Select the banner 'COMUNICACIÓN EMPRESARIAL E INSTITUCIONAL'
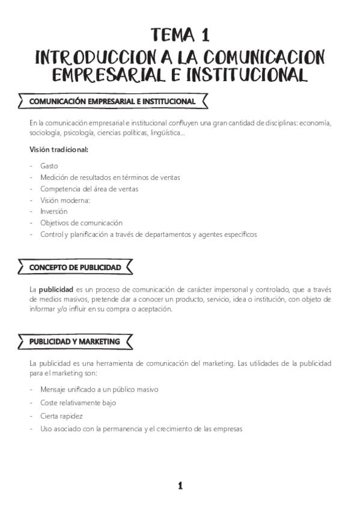click(x=112, y=102)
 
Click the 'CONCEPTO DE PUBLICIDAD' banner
click(x=75, y=266)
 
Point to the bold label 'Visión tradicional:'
click(x=58, y=149)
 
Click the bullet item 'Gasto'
click(x=49, y=166)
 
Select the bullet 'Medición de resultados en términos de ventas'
click(x=110, y=177)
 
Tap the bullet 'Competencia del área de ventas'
click(x=89, y=189)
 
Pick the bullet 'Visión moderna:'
click(x=65, y=200)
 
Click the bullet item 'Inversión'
click(x=54, y=212)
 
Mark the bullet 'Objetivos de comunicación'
click(x=81, y=223)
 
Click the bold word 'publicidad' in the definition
click(x=56, y=288)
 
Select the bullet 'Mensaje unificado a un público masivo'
click(x=99, y=389)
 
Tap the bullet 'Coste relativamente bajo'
click(x=78, y=402)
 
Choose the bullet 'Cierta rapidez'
click(x=61, y=416)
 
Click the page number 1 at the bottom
click(x=180, y=486)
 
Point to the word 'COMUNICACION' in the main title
click(x=264, y=57)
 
